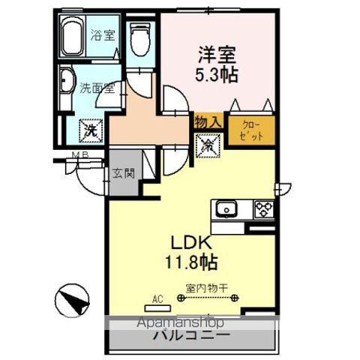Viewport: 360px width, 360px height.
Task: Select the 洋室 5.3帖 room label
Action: pyautogui.click(x=217, y=63)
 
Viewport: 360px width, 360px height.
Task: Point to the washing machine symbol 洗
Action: pyautogui.click(x=91, y=130)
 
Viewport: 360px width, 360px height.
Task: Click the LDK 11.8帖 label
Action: pyautogui.click(x=191, y=253)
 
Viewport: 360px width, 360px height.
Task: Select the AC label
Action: pyautogui.click(x=157, y=299)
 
